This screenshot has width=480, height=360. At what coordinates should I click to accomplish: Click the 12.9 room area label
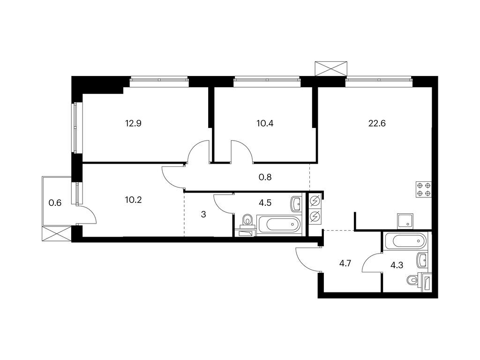coord(133,123)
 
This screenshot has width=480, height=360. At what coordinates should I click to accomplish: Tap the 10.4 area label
coord(265,123)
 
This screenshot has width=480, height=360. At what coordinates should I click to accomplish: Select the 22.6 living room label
coord(377,123)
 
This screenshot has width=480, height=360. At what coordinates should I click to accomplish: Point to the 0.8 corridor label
coord(265,177)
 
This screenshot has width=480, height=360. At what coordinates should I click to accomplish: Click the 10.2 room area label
coord(134,200)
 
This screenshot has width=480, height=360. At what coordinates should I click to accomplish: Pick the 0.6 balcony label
coord(55,202)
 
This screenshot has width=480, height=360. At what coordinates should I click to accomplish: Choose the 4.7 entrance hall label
coord(345,263)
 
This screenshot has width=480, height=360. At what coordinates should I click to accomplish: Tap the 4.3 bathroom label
coord(397,265)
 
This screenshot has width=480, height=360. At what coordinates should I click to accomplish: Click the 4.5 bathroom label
coord(265,202)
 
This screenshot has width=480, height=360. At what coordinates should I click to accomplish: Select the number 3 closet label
coord(203,214)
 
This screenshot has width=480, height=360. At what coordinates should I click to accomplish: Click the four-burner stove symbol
coord(424,189)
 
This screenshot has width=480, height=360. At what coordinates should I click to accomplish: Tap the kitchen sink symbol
coord(405,221)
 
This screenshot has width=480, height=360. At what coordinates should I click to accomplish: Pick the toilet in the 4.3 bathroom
coord(413,280)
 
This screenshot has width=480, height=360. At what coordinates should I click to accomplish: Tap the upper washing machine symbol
coord(315,201)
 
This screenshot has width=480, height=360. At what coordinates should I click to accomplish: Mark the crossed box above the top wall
coord(331,68)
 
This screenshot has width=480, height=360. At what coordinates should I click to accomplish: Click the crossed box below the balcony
coord(57,234)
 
